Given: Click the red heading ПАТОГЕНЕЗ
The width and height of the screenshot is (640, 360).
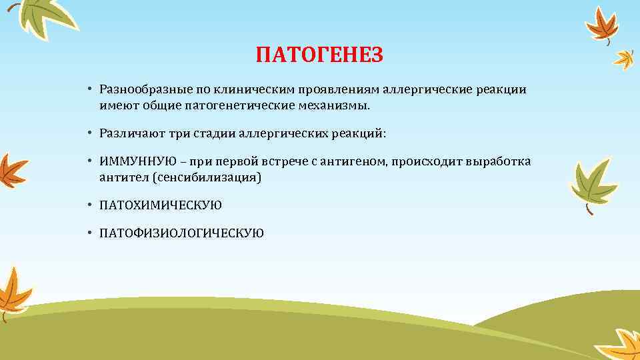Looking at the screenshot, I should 319,55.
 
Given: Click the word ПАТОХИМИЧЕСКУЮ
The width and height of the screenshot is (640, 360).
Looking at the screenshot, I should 161,205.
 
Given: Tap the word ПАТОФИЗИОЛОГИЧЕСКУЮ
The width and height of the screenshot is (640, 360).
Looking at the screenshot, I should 181,233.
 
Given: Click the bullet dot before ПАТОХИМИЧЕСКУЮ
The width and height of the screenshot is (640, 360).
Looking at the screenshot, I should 89,205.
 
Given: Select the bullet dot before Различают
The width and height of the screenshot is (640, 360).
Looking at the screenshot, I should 89,133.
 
